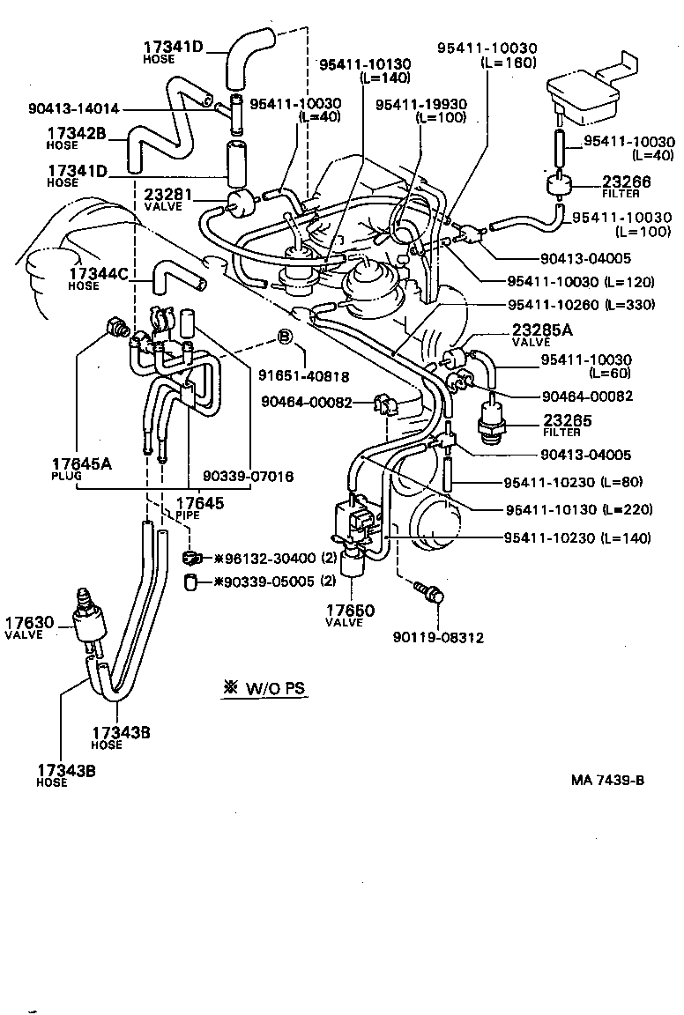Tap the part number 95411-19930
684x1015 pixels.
(x=420, y=104)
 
